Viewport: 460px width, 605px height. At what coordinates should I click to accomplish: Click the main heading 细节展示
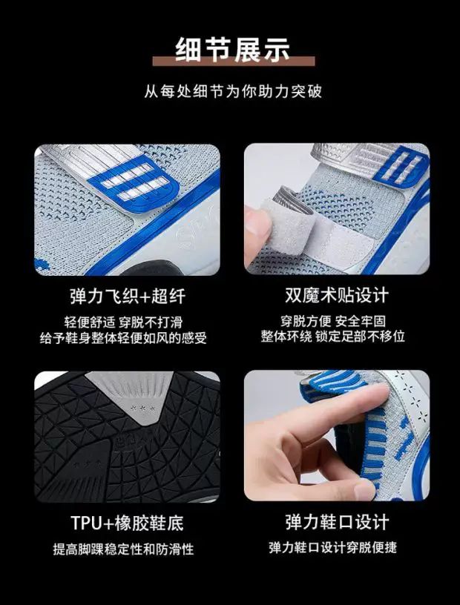coord(232,49)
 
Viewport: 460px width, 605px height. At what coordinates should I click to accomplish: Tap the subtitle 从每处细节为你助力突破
coord(233,92)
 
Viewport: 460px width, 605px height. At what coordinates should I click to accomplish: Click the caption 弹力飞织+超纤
coord(128,296)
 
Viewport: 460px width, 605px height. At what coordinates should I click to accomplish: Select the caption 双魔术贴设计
coord(337,296)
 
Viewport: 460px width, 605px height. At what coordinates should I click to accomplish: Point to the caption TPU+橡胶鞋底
coord(127,523)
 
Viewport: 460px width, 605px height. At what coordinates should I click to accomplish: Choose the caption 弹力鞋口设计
coord(337,523)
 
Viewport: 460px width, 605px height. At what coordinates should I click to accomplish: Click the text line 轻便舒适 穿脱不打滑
coord(123,323)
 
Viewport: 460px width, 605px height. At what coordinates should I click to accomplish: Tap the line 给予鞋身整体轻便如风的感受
coord(123,338)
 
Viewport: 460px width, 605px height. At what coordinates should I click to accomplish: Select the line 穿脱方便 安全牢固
coord(333,321)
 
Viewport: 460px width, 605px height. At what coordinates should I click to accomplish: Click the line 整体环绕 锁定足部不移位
coord(333,337)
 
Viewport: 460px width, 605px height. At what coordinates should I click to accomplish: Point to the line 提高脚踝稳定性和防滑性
coord(123,549)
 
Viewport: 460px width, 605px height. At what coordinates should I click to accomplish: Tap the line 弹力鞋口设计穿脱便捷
coord(333,547)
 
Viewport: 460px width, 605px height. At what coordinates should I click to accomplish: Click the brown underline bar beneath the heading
coord(234,61)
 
